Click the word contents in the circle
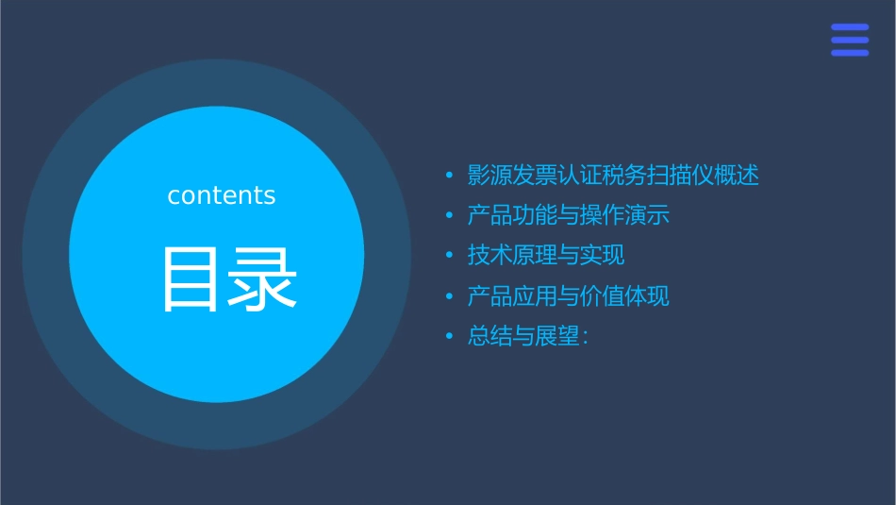tap(222, 195)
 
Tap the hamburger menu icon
tap(850, 41)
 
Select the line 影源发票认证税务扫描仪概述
tap(613, 176)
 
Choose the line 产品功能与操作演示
tap(568, 215)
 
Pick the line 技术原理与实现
tap(546, 255)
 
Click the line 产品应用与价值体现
tap(568, 296)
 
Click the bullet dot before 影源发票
tap(449, 177)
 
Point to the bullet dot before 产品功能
tap(449, 216)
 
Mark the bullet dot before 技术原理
tap(449, 256)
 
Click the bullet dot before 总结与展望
tap(449, 337)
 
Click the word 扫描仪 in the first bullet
tap(681, 176)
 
